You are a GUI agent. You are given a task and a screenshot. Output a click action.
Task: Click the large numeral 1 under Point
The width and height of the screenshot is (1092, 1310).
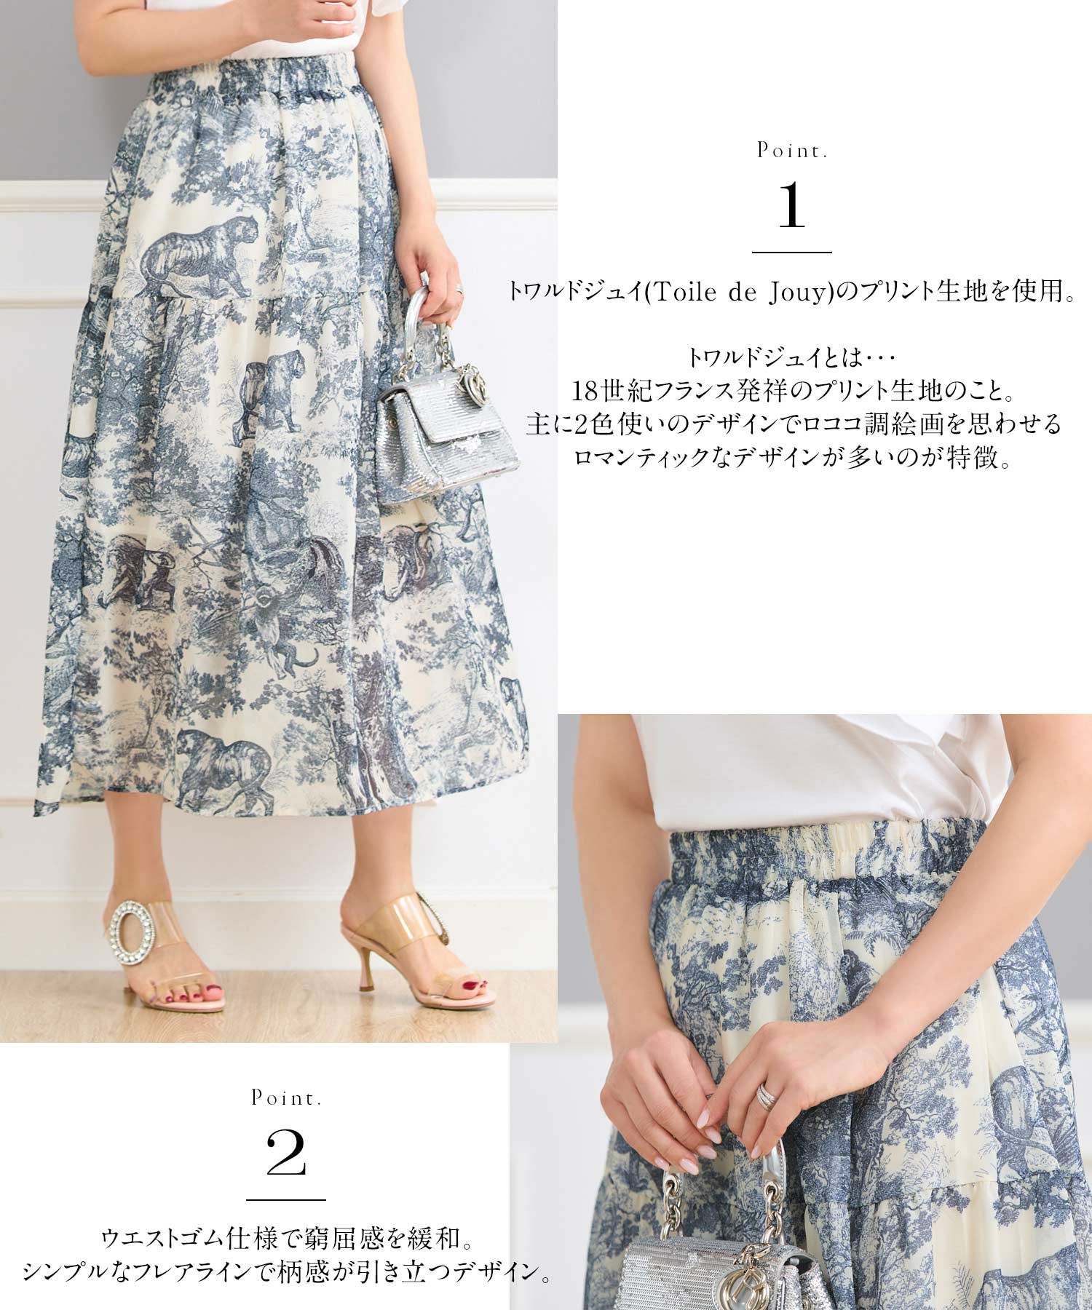tap(791, 207)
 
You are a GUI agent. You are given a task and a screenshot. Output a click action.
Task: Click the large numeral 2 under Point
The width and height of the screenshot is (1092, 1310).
tap(285, 1156)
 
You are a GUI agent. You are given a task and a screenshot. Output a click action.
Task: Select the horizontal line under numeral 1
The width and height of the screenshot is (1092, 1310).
tap(791, 252)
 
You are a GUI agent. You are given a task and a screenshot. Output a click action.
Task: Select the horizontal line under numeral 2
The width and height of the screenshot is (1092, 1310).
tap(285, 1200)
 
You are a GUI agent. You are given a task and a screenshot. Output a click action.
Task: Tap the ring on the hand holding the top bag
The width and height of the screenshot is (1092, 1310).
tap(460, 290)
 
